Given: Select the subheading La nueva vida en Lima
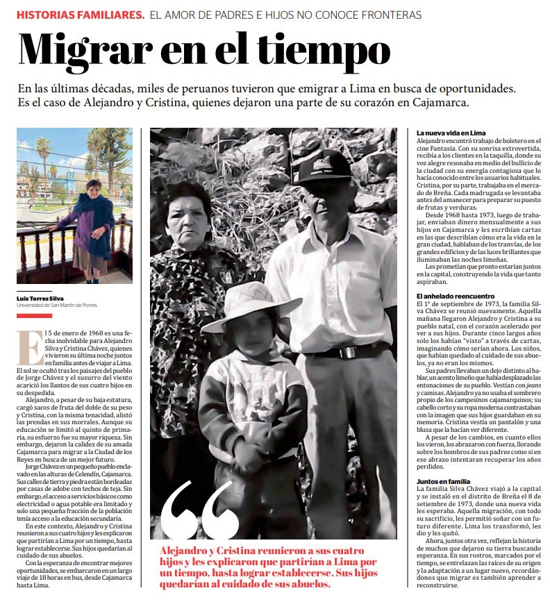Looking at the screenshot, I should coord(451,132).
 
